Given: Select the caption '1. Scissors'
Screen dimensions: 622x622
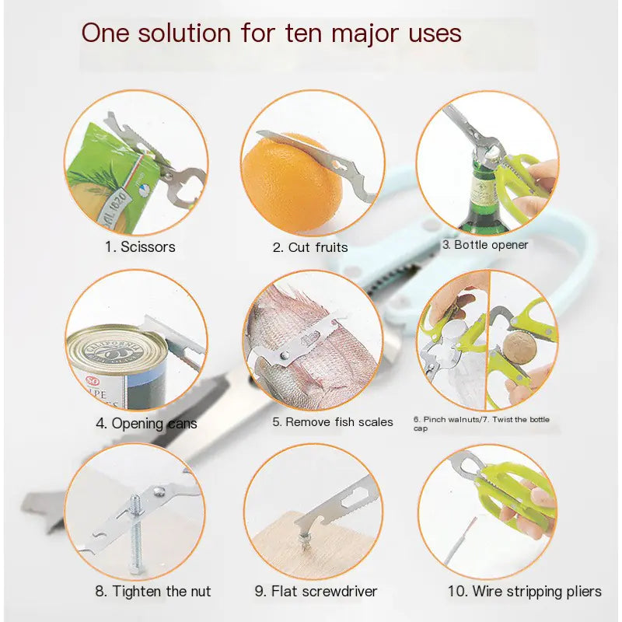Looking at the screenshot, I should coord(140,247).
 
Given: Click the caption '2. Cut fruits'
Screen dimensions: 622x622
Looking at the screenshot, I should coord(310,247).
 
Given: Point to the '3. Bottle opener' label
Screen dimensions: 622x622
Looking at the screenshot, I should coord(485,245).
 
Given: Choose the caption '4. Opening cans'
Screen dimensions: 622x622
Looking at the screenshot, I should coord(146,424).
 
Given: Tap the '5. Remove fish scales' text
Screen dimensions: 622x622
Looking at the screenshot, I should coord(332,422).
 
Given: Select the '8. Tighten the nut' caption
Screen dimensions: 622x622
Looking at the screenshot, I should coord(153,591).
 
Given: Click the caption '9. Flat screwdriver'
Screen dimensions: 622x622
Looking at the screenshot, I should coord(316,591).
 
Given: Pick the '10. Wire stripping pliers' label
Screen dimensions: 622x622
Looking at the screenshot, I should coord(524,591).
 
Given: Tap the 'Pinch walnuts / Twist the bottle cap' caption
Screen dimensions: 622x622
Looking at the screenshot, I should coord(482,424).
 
